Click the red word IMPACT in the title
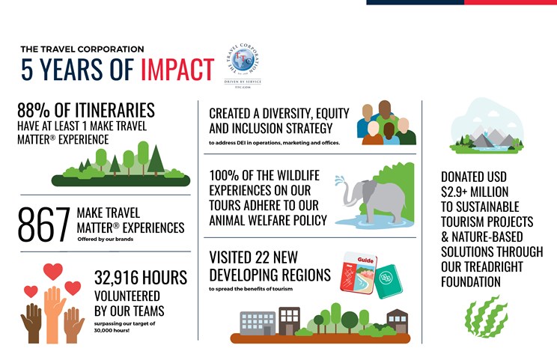pyautogui.click(x=177, y=69)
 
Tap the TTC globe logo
pyautogui.click(x=243, y=61)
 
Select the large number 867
pyautogui.click(x=43, y=225)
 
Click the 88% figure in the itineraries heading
pyautogui.click(x=34, y=110)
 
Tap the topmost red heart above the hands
pyautogui.click(x=53, y=271)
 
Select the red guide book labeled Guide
pyautogui.click(x=359, y=272)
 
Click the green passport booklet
pyautogui.click(x=389, y=281)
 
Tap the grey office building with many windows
pyautogui.click(x=258, y=323)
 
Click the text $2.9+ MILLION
pyautogui.click(x=475, y=192)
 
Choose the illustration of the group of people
pyautogui.click(x=386, y=123)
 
